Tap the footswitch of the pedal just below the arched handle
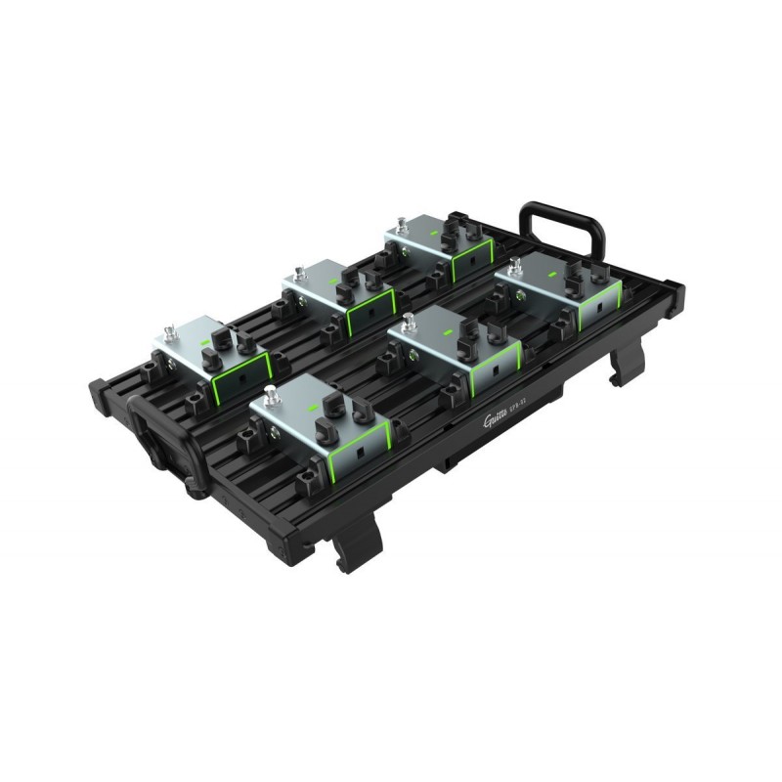(515, 263)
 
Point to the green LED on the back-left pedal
(207, 344)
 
